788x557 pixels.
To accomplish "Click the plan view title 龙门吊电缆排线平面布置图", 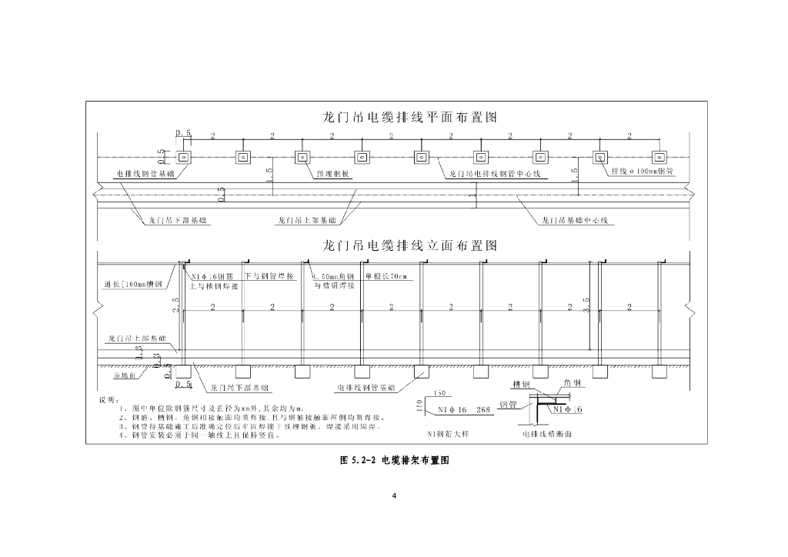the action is [x=409, y=118].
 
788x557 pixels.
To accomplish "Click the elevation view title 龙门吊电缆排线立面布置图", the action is [x=409, y=246].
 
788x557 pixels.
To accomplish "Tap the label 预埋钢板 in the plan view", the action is [x=333, y=175].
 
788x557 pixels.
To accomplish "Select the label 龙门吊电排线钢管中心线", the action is [x=495, y=175].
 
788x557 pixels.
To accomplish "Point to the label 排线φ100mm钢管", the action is [x=643, y=172].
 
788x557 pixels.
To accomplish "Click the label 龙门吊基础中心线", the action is [x=574, y=221].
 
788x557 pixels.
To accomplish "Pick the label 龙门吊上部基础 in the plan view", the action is [x=306, y=221].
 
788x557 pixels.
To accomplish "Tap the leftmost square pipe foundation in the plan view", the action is [x=184, y=158].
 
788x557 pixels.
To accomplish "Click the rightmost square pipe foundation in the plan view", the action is [x=599, y=158].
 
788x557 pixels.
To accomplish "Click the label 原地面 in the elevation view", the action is [x=125, y=376].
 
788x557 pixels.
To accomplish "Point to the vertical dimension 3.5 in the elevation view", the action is [x=586, y=305].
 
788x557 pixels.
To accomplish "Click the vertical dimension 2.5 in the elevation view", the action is [x=176, y=305].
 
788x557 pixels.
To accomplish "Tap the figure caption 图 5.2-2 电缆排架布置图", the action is [x=394, y=460].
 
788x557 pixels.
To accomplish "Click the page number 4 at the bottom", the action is [x=394, y=495].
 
